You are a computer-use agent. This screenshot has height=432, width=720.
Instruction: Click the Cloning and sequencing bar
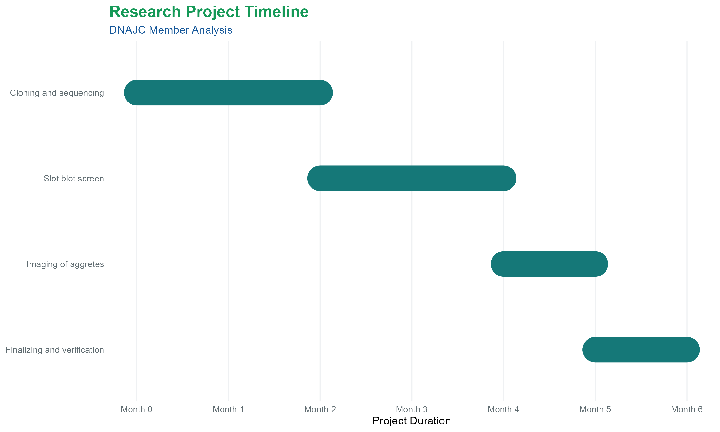(x=228, y=93)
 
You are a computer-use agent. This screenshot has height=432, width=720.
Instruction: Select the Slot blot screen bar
(x=412, y=178)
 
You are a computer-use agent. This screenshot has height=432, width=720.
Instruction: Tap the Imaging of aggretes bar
(x=549, y=264)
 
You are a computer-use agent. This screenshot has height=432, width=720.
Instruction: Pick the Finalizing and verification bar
(x=641, y=350)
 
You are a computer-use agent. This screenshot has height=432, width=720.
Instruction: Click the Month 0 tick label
(x=137, y=409)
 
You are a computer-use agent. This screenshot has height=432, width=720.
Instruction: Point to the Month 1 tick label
(x=228, y=409)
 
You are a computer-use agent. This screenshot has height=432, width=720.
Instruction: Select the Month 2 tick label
(x=320, y=409)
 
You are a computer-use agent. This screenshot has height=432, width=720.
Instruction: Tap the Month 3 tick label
(x=412, y=409)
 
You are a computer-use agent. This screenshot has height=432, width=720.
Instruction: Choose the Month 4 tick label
(x=504, y=409)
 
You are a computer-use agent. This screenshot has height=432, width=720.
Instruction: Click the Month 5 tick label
(x=595, y=409)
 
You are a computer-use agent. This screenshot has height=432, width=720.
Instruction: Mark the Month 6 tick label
(x=687, y=409)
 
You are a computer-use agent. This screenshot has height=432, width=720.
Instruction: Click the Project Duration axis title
(x=412, y=421)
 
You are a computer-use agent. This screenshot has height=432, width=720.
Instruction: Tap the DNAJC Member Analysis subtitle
(x=171, y=30)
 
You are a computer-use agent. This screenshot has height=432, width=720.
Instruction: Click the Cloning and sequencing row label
(x=57, y=93)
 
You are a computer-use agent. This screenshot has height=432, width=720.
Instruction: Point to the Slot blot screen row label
(x=74, y=179)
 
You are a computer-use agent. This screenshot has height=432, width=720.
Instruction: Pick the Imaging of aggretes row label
(x=65, y=264)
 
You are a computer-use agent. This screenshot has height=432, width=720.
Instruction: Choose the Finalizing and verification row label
(x=55, y=350)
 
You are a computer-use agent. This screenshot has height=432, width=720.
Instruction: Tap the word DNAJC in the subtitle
(x=127, y=30)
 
